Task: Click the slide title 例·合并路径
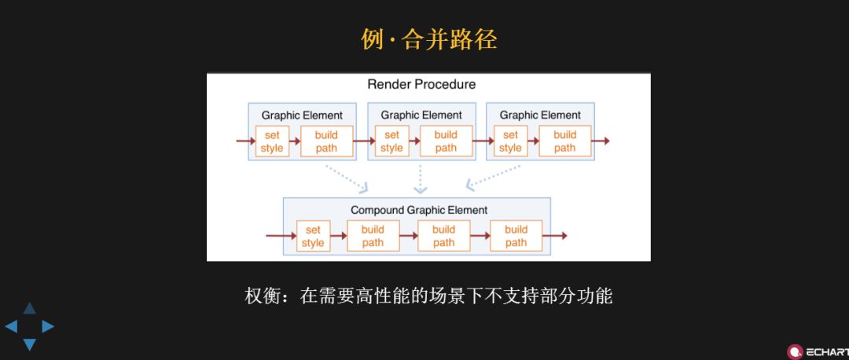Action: pyautogui.click(x=429, y=40)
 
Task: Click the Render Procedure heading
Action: pyautogui.click(x=421, y=84)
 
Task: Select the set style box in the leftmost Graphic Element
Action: pyautogui.click(x=272, y=141)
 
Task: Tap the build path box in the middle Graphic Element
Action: pyautogui.click(x=446, y=141)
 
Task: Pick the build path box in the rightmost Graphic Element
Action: pyautogui.click(x=564, y=141)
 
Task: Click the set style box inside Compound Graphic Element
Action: pyautogui.click(x=313, y=236)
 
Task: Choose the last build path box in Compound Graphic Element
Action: pyautogui.click(x=516, y=236)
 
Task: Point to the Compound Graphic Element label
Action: pyautogui.click(x=419, y=210)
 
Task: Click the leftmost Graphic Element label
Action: pyautogui.click(x=302, y=115)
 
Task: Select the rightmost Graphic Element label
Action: pyautogui.click(x=540, y=115)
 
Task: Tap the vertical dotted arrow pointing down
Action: pyautogui.click(x=421, y=179)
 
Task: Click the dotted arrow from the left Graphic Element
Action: pyautogui.click(x=347, y=178)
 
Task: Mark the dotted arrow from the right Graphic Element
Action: pyautogui.click(x=493, y=178)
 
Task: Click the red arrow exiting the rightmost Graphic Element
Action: pyautogui.click(x=601, y=141)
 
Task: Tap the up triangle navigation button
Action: pyautogui.click(x=29, y=308)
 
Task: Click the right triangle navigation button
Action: pyautogui.click(x=48, y=326)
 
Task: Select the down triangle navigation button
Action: pyautogui.click(x=29, y=344)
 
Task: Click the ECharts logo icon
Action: pyautogui.click(x=795, y=351)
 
